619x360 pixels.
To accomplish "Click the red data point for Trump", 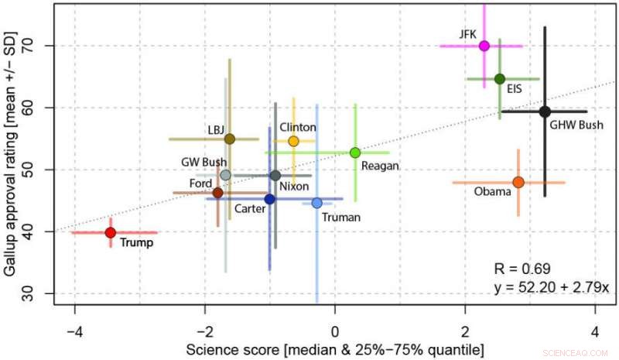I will click(111, 232).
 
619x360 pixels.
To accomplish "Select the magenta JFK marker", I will click(484, 46).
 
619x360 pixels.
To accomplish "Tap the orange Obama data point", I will click(518, 183).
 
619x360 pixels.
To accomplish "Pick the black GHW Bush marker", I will click(545, 111).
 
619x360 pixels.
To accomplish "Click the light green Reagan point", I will click(355, 153).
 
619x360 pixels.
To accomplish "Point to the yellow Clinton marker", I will click(293, 141).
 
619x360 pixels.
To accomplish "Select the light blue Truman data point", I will click(316, 203).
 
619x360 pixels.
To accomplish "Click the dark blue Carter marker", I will click(269, 199).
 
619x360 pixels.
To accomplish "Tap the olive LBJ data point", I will click(229, 139).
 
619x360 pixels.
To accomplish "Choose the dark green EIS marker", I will click(500, 79).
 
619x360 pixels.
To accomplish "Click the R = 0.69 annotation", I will click(522, 269).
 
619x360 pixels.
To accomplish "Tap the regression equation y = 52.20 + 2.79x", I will click(552, 287).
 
